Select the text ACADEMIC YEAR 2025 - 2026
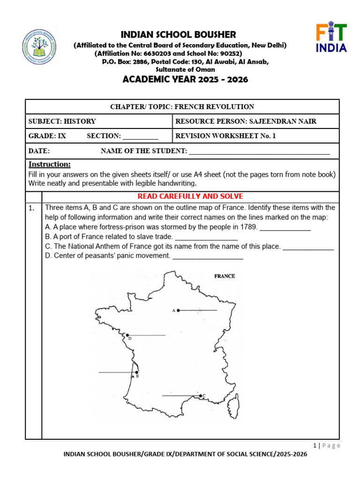coord(185,79)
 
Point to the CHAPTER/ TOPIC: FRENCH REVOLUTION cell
coord(182,107)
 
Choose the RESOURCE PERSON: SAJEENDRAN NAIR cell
coord(246,121)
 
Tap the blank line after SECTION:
coord(140,136)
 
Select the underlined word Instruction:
coord(50,165)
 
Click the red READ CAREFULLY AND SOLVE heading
coord(190,196)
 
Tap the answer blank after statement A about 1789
coord(285,227)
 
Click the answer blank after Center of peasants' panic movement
coord(208,256)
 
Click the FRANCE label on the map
coord(225,276)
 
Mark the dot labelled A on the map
coord(178,310)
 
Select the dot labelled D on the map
coord(127,335)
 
